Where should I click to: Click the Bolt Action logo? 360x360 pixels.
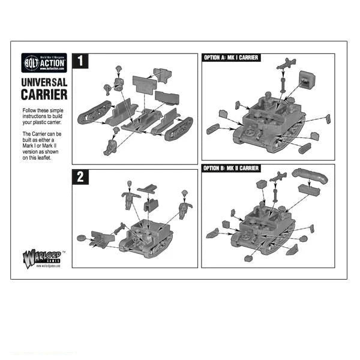[44, 62]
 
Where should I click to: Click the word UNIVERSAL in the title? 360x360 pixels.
[44, 83]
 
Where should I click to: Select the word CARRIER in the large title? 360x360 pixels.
[44, 94]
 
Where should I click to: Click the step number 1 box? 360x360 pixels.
[79, 61]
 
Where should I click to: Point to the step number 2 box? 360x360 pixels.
[79, 176]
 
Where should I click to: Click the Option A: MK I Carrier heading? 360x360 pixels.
[232, 57]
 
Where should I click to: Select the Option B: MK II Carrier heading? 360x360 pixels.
[232, 168]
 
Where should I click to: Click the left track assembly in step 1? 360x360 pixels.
[98, 114]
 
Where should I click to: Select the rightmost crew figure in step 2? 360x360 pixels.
[185, 208]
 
